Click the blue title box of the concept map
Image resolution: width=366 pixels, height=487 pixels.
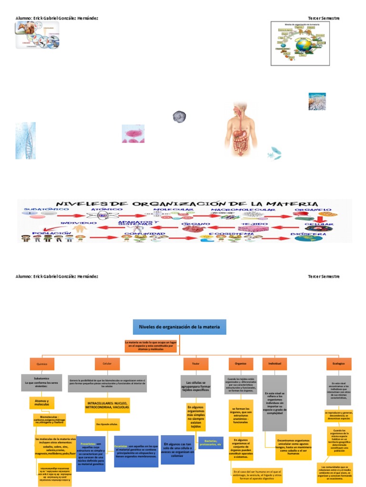(x=179, y=327)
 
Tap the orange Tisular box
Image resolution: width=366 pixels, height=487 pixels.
(x=196, y=364)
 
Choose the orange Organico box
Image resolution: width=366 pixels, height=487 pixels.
(x=241, y=364)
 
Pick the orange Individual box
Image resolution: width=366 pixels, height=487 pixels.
(x=275, y=364)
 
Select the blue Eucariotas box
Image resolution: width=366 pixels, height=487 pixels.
(x=136, y=451)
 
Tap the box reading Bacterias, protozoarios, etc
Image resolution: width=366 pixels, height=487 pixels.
(x=210, y=443)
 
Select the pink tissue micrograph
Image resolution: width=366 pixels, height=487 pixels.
(x=133, y=134)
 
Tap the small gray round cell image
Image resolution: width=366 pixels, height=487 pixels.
(x=179, y=116)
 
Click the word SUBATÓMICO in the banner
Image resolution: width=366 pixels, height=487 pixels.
(x=39, y=210)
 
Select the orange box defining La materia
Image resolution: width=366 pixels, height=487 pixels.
(x=151, y=346)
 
